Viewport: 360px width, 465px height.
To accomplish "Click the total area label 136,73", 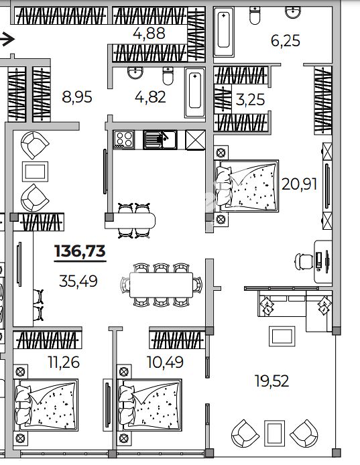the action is pos(80,251).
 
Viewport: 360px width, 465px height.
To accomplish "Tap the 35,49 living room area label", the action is pos(78,281).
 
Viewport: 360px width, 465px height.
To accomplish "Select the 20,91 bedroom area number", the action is pos(299,184).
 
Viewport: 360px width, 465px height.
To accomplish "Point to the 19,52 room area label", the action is pos(272,381).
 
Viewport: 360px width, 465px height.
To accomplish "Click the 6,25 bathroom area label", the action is pos(286,41).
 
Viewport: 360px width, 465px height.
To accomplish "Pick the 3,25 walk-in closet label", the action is pos(250,100).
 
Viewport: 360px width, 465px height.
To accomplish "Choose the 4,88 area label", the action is pos(149,34).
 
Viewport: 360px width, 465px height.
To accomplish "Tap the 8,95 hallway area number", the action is pos(77,97).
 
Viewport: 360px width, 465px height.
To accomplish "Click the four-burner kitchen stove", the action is pos(124,139).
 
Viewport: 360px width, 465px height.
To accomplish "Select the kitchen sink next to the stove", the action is pos(160,139).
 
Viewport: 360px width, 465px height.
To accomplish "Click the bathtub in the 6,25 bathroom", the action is pos(224,32).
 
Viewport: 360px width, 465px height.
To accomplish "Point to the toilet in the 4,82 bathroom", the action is pos(168,76).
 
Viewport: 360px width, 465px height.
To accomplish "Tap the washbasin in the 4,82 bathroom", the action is pos(135,72).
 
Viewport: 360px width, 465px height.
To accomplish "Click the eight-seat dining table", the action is pos(161,285).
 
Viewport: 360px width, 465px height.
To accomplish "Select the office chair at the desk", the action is pos(303,262).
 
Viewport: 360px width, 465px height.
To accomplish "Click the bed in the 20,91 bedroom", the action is pos(246,186).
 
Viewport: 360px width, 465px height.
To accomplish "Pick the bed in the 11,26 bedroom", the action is pos(46,405).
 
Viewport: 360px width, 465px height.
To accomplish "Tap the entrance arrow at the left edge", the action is pos(7,39).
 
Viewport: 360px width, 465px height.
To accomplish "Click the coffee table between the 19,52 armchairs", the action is pos(274,433).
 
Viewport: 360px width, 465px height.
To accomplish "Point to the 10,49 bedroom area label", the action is pos(166,362).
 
